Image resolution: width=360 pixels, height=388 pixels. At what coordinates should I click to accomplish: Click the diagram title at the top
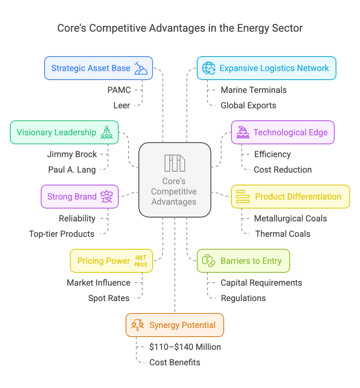180,28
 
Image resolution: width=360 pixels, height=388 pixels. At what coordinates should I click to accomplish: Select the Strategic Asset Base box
99,68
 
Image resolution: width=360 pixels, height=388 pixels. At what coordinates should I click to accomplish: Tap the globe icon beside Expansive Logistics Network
209,68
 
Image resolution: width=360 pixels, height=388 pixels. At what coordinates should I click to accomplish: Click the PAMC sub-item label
119,90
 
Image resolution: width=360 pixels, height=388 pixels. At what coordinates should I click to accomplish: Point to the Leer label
122,105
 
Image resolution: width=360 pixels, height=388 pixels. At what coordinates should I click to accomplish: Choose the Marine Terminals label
254,90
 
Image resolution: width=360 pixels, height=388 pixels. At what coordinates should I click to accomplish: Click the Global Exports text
249,105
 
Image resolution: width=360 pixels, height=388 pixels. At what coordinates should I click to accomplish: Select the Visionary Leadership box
64,132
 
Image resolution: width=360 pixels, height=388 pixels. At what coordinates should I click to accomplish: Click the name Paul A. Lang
72,170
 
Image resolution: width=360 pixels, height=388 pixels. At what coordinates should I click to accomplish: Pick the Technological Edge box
283,132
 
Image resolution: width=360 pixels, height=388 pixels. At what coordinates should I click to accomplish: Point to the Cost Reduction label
283,170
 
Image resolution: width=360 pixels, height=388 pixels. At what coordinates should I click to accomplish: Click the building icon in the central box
174,163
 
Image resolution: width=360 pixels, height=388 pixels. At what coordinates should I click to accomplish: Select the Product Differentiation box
291,197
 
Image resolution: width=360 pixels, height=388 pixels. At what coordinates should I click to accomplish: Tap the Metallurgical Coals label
291,218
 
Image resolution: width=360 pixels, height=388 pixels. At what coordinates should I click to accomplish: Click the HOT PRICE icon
141,261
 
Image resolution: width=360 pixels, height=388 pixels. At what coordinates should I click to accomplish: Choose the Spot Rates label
109,298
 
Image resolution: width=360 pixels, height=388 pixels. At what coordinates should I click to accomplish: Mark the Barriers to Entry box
243,261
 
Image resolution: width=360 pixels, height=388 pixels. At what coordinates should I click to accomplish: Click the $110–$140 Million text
185,347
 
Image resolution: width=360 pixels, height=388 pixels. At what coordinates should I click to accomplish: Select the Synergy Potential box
175,325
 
